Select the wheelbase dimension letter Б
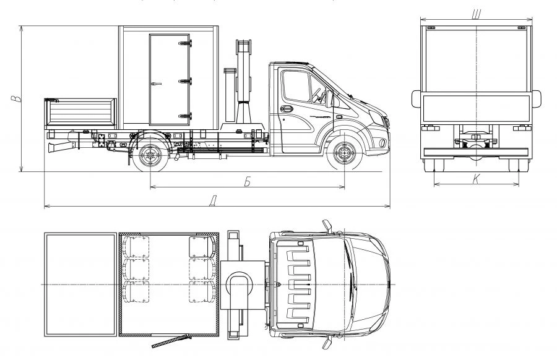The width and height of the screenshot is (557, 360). coord(247,181)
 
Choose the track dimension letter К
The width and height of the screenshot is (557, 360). coord(475,179)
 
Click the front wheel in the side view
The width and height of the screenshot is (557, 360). coord(344,155)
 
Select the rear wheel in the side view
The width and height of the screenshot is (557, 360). coord(150,155)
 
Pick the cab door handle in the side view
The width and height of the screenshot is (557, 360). coord(285,110)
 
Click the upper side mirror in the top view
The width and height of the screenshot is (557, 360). coord(326,224)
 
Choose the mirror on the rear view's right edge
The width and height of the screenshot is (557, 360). coord(536,98)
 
